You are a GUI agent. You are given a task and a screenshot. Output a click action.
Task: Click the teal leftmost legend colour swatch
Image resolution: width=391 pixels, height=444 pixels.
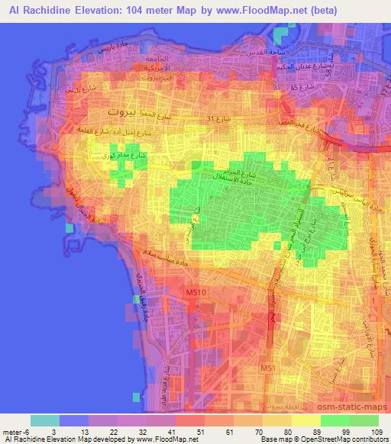(x=44, y=420)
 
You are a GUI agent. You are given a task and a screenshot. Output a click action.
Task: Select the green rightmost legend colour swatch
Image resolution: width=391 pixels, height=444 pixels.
(x=364, y=420)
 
